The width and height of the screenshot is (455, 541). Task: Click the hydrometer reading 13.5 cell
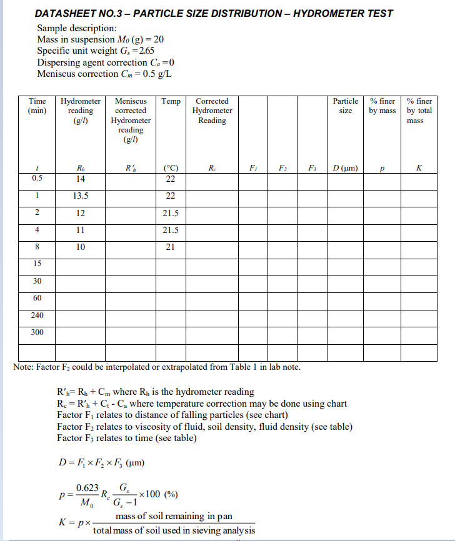coord(80,196)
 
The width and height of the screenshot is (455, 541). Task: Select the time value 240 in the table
coord(37,315)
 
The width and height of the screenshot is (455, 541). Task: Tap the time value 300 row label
coord(37,332)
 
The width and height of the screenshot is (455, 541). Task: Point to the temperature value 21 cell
coord(170,247)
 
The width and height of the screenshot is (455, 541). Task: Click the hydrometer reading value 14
coord(80,179)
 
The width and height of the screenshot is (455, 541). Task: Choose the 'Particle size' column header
coord(345,106)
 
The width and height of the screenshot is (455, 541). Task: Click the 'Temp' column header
coord(171,101)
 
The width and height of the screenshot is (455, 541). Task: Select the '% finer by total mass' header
coord(419,111)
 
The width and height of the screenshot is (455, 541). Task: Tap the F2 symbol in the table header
coord(282,168)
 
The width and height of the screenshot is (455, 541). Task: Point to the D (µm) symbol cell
coord(345,168)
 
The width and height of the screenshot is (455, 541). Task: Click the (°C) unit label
coord(171,168)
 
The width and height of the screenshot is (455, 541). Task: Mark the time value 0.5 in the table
coord(37,178)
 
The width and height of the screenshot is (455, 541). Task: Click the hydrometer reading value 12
coord(80,213)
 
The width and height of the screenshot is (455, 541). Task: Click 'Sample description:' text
coord(77,29)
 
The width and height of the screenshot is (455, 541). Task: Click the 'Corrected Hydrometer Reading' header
coord(212,111)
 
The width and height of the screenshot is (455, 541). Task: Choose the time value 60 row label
coord(37,298)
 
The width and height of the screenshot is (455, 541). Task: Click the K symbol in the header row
coord(419,168)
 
